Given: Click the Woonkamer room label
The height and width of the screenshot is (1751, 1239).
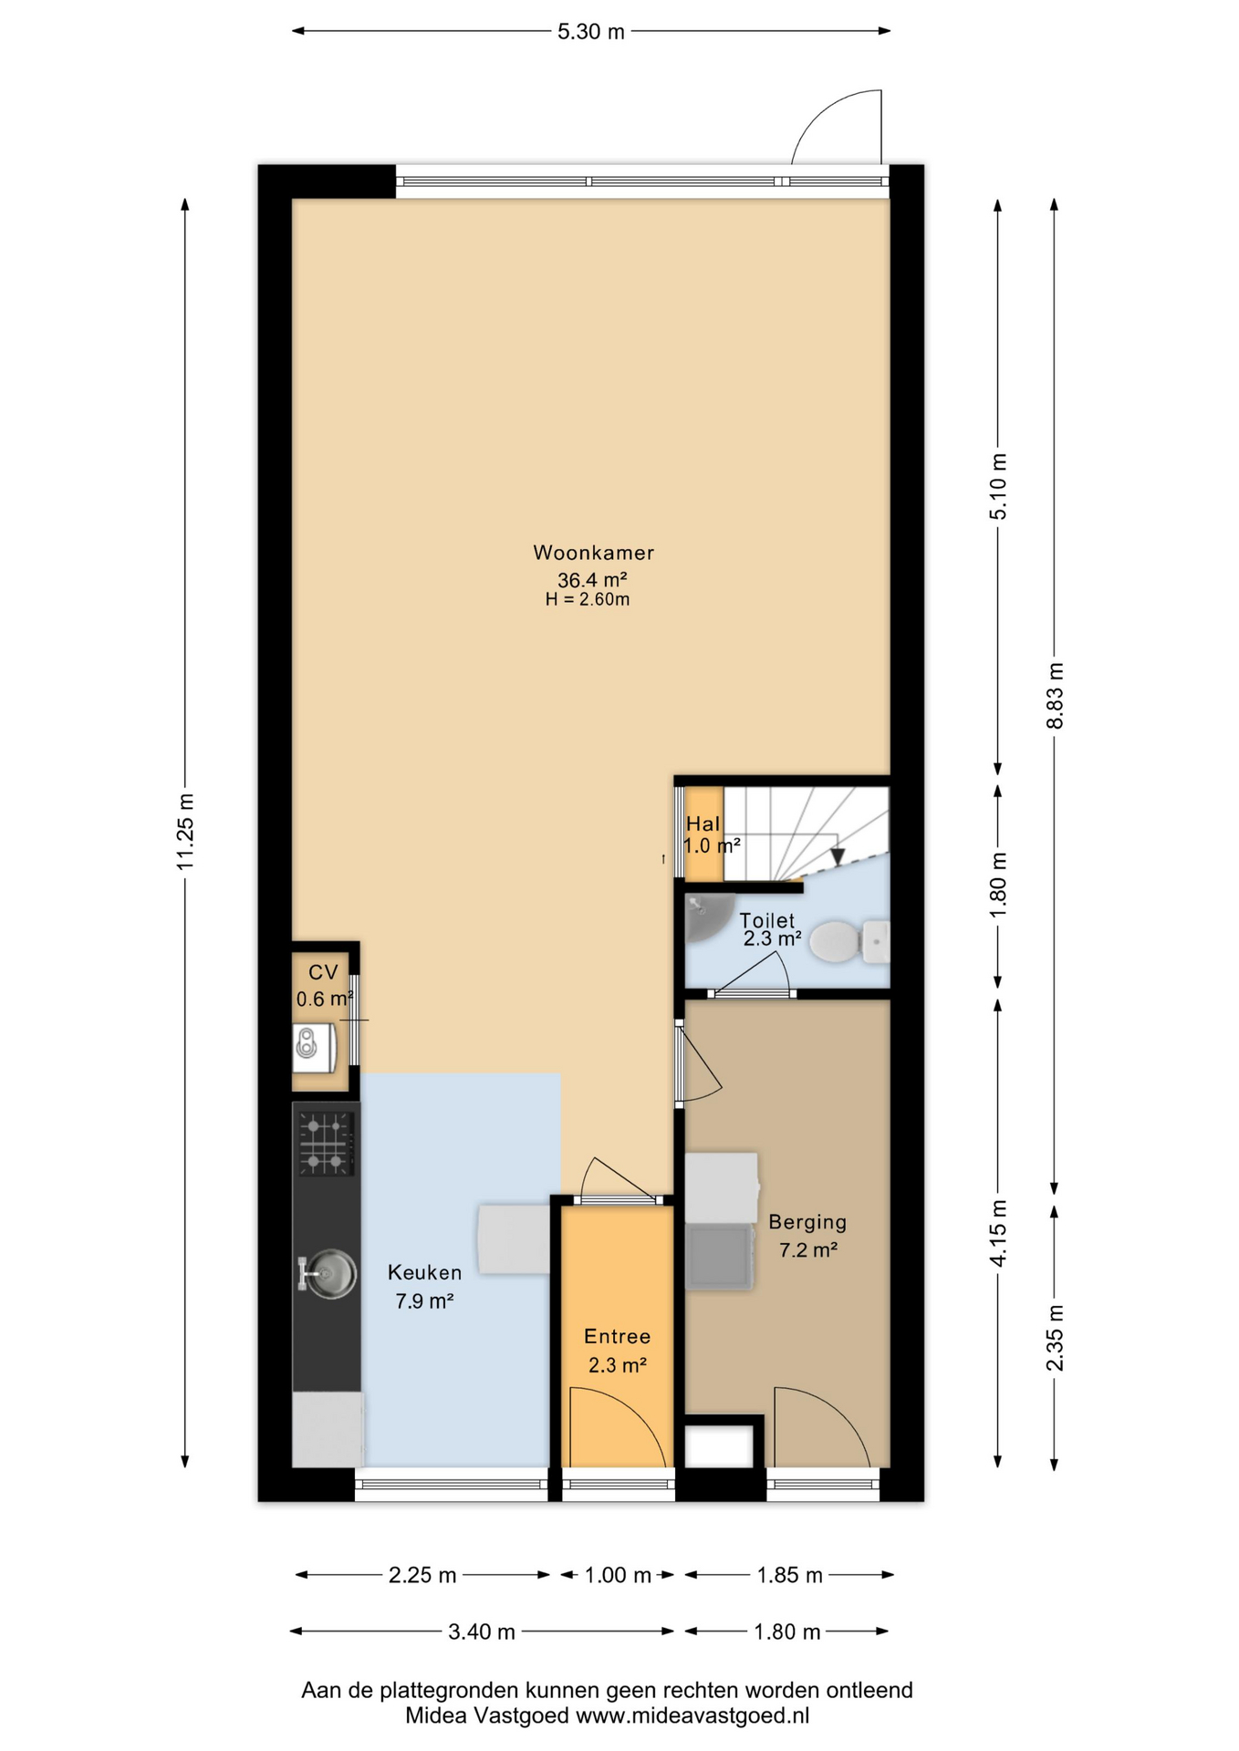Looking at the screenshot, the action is click(593, 553).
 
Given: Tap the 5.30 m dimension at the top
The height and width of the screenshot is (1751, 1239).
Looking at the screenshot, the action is click(591, 32).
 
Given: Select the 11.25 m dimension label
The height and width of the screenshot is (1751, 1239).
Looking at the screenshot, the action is click(185, 831).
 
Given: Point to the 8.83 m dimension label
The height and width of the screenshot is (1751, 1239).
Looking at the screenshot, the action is click(1055, 695).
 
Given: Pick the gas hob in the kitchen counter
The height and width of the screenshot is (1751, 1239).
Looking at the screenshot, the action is click(326, 1144).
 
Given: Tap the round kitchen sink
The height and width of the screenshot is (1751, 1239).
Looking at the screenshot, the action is click(328, 1273).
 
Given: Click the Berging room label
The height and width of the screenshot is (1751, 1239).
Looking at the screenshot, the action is click(807, 1222).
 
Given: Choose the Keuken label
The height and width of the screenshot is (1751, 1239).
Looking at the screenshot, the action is click(424, 1272).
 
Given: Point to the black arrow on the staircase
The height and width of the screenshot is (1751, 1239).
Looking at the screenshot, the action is click(838, 856).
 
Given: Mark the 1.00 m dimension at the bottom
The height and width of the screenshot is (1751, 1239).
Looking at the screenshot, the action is click(618, 1575).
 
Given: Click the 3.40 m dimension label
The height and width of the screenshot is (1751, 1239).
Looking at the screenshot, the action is click(482, 1632).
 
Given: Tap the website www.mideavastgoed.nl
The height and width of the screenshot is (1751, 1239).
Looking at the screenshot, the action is click(692, 1715).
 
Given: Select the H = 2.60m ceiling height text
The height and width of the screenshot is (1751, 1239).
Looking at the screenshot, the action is click(588, 599).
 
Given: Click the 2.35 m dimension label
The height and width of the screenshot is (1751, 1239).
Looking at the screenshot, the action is click(1055, 1338).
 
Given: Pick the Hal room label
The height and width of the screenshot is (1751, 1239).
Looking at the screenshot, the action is click(703, 824).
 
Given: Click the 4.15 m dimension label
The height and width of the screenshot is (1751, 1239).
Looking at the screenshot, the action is click(999, 1233).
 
